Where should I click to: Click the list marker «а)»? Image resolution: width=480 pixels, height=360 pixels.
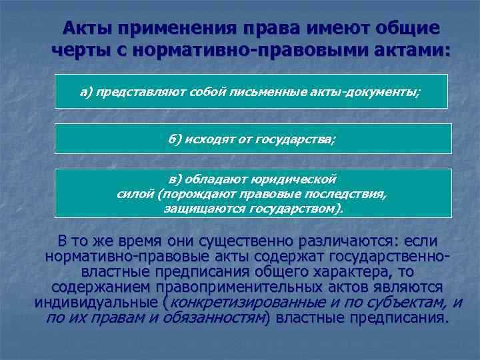[87, 93]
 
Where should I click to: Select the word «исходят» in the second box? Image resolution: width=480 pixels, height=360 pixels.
[209, 139]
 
